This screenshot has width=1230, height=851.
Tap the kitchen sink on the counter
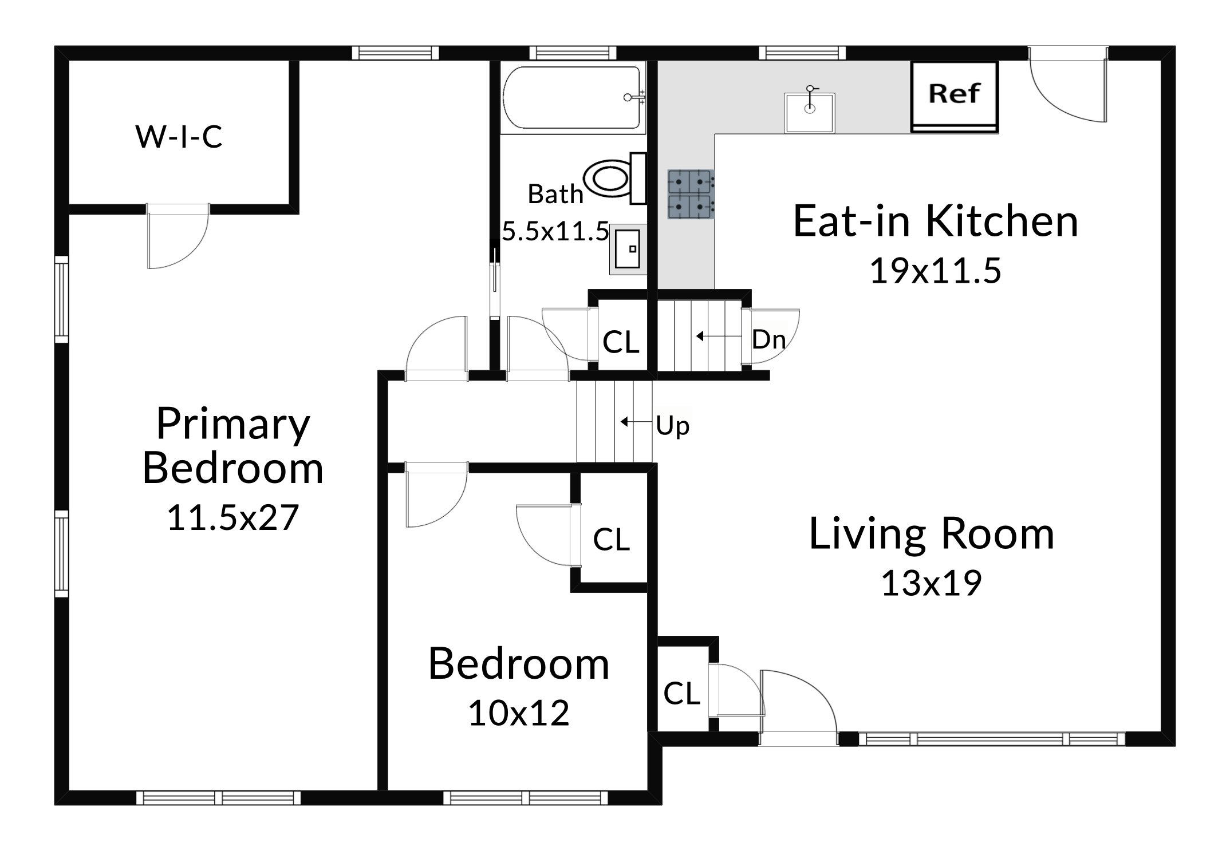click(809, 113)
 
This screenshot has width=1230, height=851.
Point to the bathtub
click(573, 98)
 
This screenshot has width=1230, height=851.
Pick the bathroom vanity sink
click(628, 249)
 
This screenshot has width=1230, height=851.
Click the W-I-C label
click(179, 137)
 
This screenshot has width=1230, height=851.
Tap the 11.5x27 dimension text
click(232, 517)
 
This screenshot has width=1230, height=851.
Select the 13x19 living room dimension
click(931, 583)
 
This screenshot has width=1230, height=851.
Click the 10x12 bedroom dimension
click(519, 713)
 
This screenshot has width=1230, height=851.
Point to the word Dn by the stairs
click(768, 339)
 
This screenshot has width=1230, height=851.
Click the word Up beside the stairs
click(673, 426)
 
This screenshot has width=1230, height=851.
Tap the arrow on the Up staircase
click(637, 422)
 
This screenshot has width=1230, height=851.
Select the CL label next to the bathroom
click(621, 342)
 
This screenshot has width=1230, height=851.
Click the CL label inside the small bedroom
click(612, 539)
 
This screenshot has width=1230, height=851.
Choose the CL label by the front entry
click(682, 694)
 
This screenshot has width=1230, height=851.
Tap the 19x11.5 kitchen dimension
click(936, 271)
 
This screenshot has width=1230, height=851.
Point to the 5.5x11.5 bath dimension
click(555, 232)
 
